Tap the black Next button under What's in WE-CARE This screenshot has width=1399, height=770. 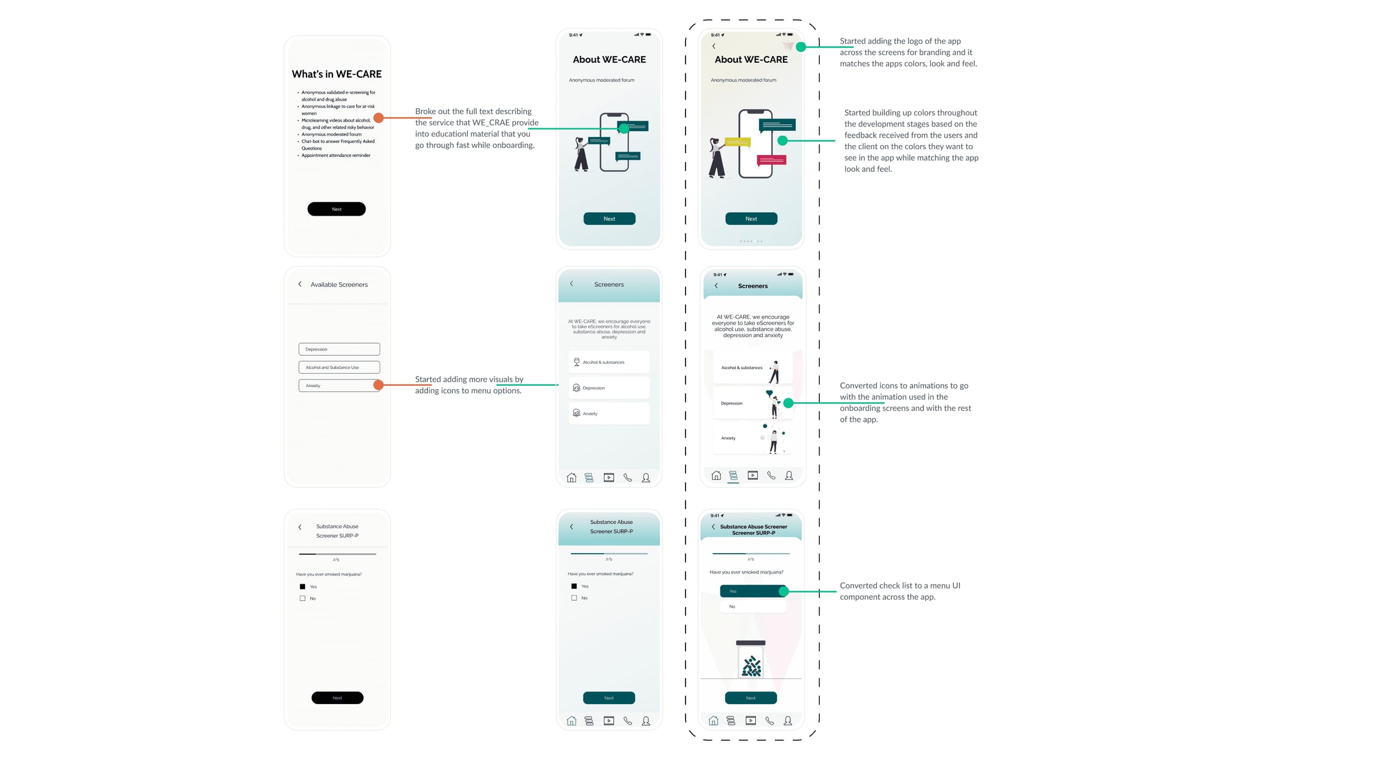(336, 209)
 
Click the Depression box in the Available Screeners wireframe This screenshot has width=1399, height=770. (339, 349)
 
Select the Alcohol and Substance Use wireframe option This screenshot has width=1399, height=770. (339, 367)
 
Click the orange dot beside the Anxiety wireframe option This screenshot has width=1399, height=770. (378, 385)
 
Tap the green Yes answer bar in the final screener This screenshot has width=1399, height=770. (751, 591)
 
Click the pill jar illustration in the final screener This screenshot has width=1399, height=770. (751, 660)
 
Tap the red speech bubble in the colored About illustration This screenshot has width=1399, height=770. (771, 160)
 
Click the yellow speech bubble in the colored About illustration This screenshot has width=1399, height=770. (737, 142)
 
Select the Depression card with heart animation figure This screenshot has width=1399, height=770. (752, 403)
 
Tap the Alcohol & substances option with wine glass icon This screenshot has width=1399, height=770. (609, 362)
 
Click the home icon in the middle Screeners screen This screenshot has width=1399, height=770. (571, 477)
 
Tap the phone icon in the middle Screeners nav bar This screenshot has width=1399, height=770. (628, 477)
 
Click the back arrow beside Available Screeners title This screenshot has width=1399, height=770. (300, 284)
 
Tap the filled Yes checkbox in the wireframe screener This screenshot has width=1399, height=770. (303, 586)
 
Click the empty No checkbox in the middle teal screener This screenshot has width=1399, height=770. (574, 598)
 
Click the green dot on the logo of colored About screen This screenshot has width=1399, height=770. (801, 47)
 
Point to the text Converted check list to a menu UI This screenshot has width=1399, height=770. (899, 585)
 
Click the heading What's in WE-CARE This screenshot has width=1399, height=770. (336, 74)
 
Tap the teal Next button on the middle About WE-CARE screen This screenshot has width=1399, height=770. (609, 219)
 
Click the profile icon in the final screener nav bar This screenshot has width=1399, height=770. (788, 721)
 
